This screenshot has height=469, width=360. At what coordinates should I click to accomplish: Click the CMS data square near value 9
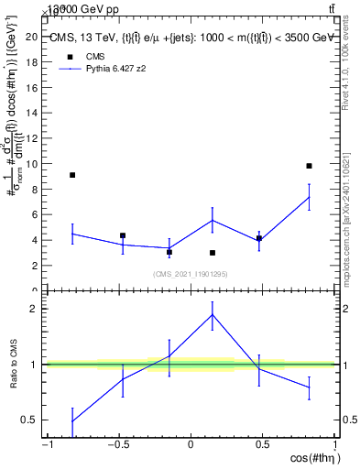tap(72, 175)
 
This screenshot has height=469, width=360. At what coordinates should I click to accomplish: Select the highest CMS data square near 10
tap(309, 166)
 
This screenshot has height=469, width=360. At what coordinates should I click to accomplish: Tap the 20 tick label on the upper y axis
tap(37, 37)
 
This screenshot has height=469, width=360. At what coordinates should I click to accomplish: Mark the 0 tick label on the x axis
tap(191, 445)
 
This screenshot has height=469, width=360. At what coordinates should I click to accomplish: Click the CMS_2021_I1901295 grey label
tap(191, 273)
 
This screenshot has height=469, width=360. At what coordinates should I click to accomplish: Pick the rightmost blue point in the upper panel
tap(309, 197)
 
